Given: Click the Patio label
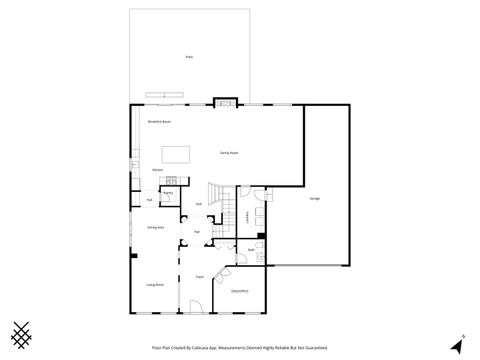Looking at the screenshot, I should click(x=188, y=58).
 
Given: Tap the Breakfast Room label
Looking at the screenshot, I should click(x=160, y=121).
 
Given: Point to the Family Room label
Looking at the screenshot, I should click(x=229, y=152).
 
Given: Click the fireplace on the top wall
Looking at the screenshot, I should click(x=225, y=102).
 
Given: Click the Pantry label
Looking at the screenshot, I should click(x=169, y=192).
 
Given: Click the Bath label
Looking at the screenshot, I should click(x=250, y=249).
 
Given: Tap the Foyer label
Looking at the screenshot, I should click(x=200, y=276).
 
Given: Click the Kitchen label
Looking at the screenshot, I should click(x=158, y=170).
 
